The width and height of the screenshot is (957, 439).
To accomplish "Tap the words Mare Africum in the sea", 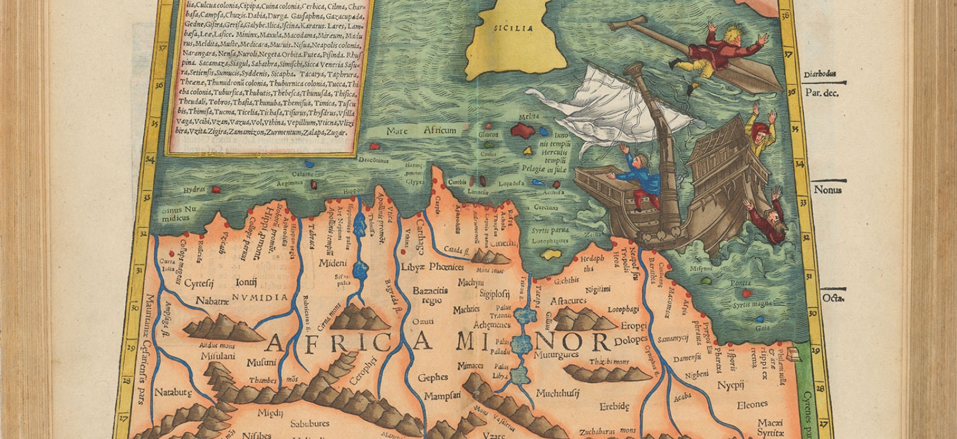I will click(x=421, y=130).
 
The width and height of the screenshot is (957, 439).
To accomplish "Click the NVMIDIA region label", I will click(x=260, y=297).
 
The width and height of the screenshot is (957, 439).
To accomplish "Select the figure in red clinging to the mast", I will click(x=718, y=51).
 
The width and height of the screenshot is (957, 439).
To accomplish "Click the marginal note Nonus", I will click(x=828, y=190).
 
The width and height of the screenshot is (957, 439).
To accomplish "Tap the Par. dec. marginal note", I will click(x=821, y=93).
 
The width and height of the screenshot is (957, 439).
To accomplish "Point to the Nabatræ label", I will click(x=212, y=301).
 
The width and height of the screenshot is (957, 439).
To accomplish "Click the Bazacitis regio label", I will click(x=431, y=295).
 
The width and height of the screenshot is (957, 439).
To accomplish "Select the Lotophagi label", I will click(x=623, y=310).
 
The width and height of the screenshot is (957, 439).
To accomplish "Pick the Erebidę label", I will click(x=614, y=407).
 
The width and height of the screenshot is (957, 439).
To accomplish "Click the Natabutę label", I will click(x=173, y=393).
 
